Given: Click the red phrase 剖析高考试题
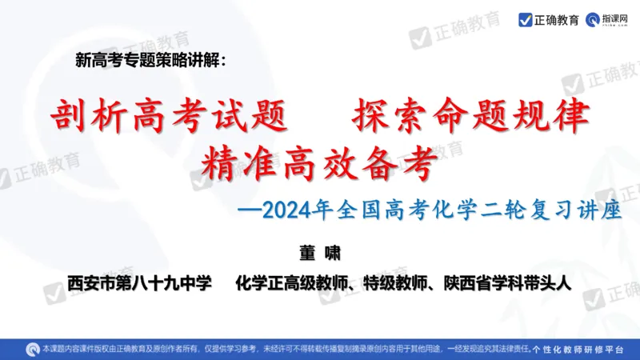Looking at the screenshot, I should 169,118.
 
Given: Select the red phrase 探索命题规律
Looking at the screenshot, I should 470,118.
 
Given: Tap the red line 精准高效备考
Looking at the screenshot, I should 320,164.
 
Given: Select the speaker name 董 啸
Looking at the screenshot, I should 319,253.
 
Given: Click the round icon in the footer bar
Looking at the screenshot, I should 32,349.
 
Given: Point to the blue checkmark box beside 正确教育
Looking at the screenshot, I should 525,19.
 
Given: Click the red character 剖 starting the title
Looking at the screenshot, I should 69,118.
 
